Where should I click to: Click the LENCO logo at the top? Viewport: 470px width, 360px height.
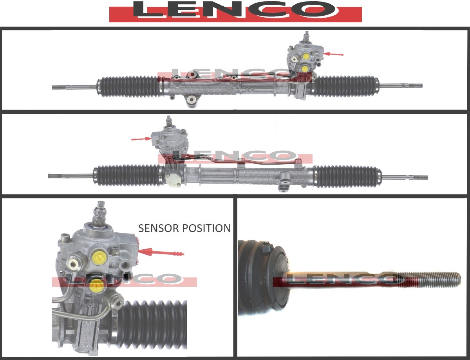tap(235, 11)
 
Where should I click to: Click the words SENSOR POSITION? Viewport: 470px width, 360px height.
tap(184, 228)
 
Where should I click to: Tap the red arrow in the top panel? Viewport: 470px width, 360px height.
tap(334, 54)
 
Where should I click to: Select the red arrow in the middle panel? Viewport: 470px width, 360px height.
tap(141, 139)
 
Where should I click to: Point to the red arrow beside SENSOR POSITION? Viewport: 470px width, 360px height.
tap(161, 253)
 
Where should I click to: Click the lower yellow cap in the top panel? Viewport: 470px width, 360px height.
tap(305, 69)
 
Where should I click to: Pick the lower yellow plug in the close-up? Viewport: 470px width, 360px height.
tap(97, 286)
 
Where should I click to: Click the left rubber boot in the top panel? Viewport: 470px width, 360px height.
tap(129, 86)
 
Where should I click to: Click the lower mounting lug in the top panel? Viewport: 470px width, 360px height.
tap(191, 100)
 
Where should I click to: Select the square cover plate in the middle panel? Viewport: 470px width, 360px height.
tap(173, 179)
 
